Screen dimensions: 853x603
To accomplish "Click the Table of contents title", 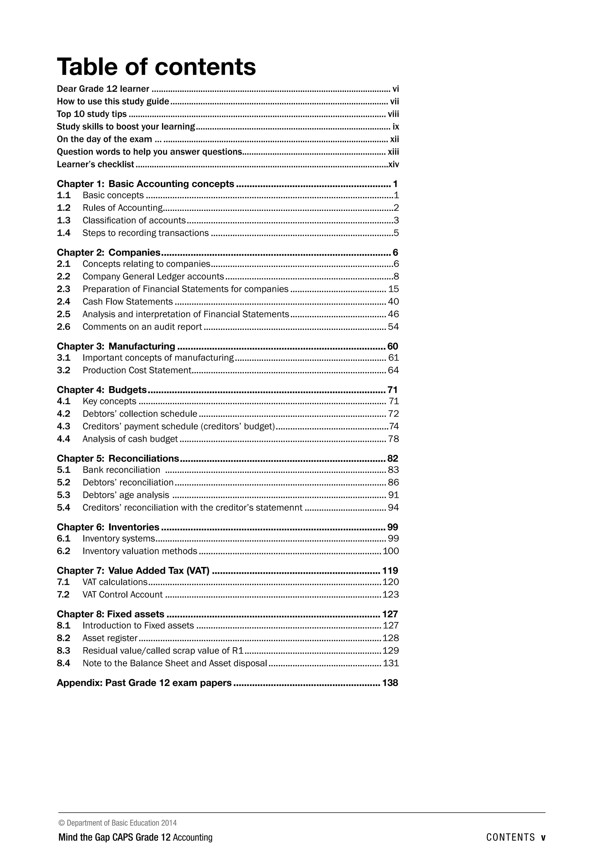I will coord(156,67).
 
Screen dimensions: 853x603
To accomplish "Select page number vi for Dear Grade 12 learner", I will coord(395,89).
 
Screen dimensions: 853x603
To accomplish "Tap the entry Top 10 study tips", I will coord(92,114).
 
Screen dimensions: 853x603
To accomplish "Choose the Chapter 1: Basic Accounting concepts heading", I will coord(145,184).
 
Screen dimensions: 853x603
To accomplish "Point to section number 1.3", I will coord(64,221).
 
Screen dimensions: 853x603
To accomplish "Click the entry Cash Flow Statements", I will coord(127,302).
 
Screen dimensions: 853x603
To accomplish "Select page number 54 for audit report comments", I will coord(393,327).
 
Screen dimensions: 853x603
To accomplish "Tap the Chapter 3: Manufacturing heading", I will coord(116,347).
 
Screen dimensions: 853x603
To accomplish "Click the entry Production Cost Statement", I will coord(137,371).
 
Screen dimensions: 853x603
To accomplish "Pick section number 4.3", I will coord(64,426).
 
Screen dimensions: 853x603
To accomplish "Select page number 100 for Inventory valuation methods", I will coord(391,551).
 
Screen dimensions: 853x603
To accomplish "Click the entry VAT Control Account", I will coord(122,595).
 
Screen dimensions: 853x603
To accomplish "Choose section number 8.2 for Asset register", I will coord(64,638).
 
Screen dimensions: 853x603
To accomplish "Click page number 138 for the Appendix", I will coord(390,683).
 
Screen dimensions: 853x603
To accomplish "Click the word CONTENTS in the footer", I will coord(511,837).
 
